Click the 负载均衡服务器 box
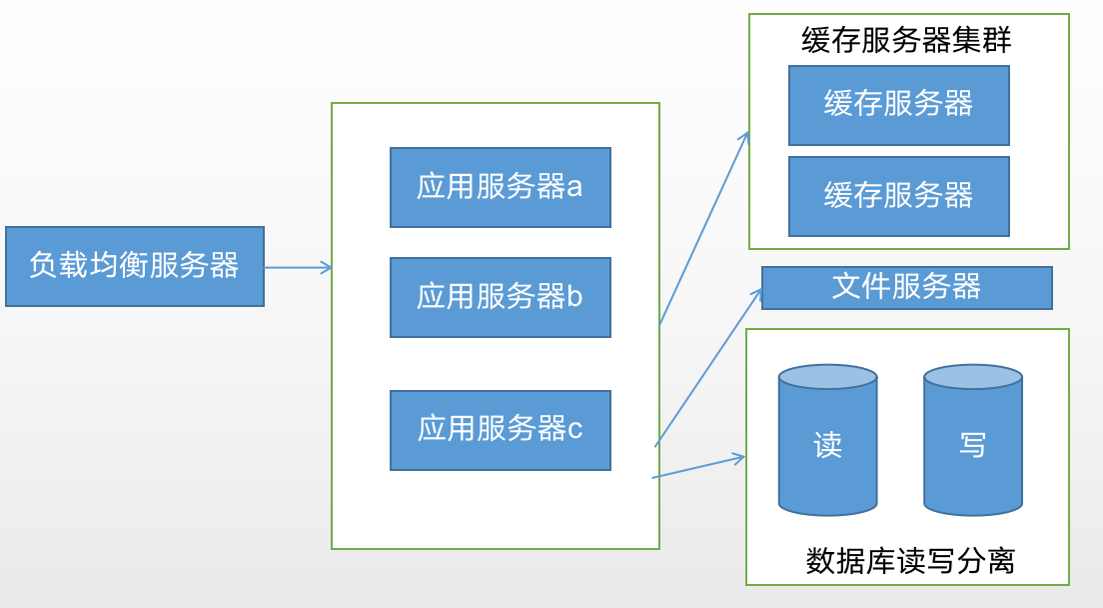(135, 266)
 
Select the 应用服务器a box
(500, 187)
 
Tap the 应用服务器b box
(500, 297)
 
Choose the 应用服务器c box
(500, 430)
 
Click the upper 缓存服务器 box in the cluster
(898, 105)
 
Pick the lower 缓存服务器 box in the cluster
(898, 196)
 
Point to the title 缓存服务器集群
(906, 40)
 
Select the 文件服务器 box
(906, 288)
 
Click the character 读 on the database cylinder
(828, 445)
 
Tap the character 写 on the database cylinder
(972, 445)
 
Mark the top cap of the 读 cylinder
(828, 377)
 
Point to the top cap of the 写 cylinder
(972, 377)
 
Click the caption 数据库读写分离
(910, 561)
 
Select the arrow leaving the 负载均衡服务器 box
(298, 267)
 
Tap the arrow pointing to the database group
(698, 467)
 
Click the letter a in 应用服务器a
(574, 187)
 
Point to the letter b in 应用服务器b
(574, 297)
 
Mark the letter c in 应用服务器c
(575, 430)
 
